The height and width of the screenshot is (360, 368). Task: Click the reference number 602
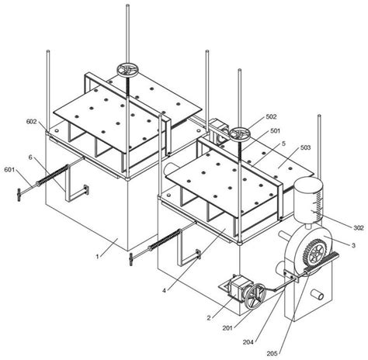[x=31, y=121]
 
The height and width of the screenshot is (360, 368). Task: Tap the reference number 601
[x=9, y=170]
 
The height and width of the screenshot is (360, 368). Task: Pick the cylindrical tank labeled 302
[x=308, y=198]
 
